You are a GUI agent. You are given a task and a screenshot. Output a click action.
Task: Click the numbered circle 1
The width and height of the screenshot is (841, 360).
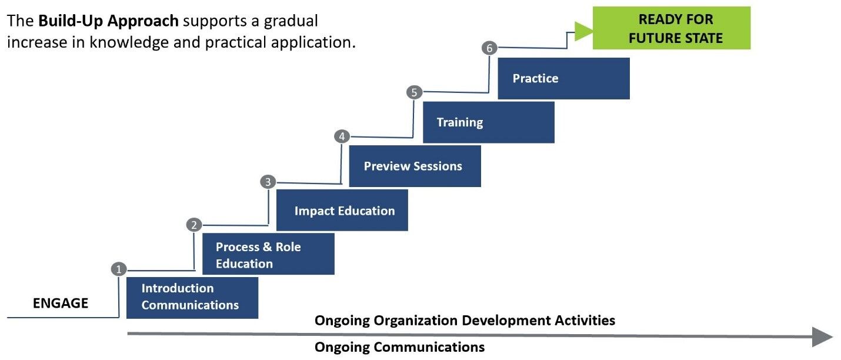click(119, 269)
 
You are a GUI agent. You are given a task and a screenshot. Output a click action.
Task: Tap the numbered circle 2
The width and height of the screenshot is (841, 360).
click(194, 225)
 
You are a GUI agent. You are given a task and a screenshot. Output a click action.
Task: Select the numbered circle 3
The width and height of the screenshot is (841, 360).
click(268, 182)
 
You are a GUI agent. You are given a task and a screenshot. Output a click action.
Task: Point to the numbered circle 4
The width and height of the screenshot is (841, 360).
click(342, 136)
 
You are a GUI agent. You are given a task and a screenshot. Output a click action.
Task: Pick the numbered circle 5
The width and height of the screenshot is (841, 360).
click(415, 92)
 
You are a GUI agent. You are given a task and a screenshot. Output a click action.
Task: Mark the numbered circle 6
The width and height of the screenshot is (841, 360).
click(489, 48)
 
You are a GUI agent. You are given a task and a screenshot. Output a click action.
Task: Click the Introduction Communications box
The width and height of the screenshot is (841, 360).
click(192, 298)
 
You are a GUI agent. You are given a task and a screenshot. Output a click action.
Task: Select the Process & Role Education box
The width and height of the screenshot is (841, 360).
click(268, 254)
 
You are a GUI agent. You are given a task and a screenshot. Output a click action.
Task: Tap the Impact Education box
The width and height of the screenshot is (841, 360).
click(342, 210)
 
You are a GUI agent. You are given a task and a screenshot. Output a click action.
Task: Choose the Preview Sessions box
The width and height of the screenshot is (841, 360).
click(415, 166)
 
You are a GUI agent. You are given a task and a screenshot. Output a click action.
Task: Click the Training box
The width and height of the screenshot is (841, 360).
click(489, 122)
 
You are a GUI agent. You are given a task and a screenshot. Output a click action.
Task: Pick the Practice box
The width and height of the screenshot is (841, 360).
click(563, 78)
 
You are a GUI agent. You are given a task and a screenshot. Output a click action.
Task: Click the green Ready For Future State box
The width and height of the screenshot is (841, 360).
click(672, 28)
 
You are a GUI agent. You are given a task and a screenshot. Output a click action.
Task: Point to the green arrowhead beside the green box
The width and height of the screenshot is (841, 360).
click(583, 31)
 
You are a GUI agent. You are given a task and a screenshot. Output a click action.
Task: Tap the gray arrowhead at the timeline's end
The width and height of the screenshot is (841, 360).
click(822, 336)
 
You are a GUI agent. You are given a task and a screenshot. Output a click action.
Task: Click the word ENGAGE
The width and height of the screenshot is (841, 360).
click(61, 303)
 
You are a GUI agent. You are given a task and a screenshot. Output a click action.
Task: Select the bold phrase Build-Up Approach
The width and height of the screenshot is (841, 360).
click(108, 21)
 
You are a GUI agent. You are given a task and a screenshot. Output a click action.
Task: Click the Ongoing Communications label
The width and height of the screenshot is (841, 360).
click(399, 347)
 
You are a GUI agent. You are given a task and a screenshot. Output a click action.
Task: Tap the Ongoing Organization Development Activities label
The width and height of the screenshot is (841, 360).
click(465, 321)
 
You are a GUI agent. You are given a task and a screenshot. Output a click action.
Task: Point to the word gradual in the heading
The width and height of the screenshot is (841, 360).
click(291, 21)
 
